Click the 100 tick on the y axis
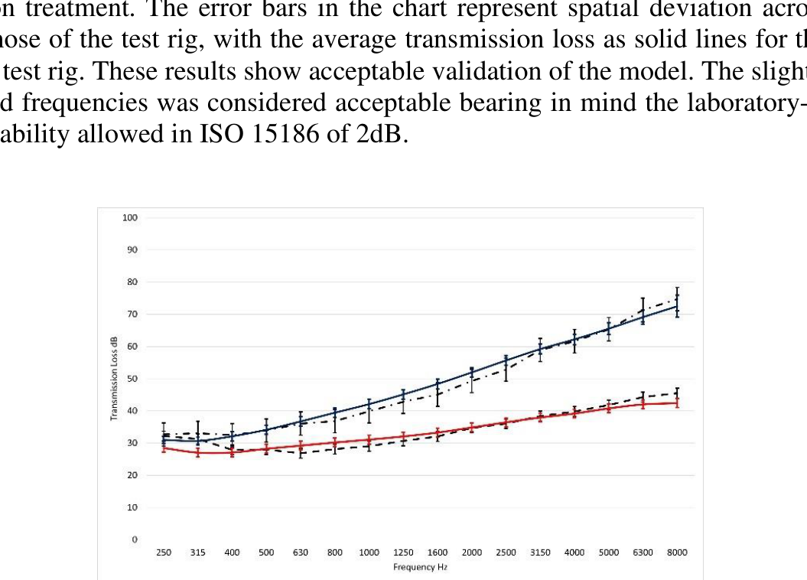[x=129, y=218]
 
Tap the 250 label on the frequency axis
[x=164, y=552]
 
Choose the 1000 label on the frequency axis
[x=369, y=552]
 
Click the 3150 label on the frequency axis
[x=540, y=552]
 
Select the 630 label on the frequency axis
[x=301, y=552]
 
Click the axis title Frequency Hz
[x=420, y=567]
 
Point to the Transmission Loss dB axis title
[x=115, y=379]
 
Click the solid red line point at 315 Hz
[x=198, y=452]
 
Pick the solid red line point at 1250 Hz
[x=403, y=437]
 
